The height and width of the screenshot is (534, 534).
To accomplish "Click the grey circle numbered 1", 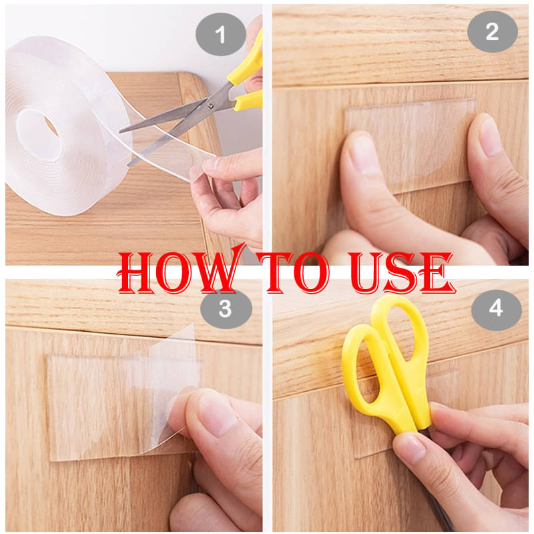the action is (x=221, y=34).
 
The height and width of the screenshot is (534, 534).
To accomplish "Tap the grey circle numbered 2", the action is (x=493, y=32).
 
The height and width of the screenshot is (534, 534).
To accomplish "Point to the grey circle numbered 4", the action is (x=497, y=309).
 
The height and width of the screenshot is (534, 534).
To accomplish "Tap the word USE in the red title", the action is (x=401, y=272).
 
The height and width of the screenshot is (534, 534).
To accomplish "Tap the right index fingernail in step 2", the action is (x=489, y=135).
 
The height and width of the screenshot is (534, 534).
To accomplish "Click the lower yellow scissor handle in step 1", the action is (x=248, y=101).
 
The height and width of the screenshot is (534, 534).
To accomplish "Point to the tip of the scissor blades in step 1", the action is (x=121, y=131).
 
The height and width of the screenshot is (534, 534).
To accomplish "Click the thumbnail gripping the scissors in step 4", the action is (x=410, y=450).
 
